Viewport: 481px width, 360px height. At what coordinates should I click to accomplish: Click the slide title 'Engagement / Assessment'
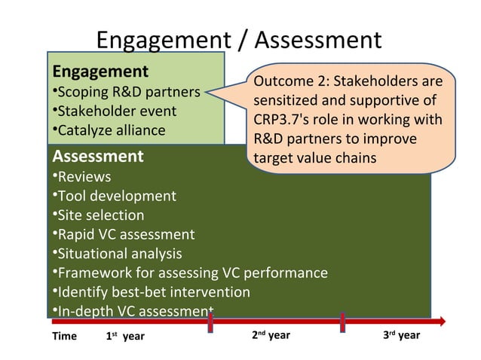[x=240, y=39]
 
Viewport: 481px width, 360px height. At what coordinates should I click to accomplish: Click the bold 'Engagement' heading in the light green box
[x=100, y=72]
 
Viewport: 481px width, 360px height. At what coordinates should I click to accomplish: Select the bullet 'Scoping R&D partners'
[x=126, y=93]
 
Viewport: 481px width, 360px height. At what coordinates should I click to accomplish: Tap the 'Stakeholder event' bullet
[x=114, y=111]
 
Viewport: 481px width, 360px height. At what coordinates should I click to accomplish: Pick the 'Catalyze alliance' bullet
[x=109, y=130]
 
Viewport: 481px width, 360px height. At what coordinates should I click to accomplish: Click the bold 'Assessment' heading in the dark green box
[x=97, y=157]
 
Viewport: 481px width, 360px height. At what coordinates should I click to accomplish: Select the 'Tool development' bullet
[x=114, y=196]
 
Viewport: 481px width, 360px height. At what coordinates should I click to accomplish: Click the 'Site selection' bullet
[x=98, y=215]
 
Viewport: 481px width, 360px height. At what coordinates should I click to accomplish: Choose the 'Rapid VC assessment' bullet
[x=123, y=234]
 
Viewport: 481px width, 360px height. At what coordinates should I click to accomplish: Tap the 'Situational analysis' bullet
[x=117, y=254]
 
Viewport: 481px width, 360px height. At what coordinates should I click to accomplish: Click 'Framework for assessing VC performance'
[x=189, y=273]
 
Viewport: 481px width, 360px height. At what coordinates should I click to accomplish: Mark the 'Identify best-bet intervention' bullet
[x=151, y=292]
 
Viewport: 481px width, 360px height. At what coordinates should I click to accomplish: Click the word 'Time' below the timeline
[x=64, y=336]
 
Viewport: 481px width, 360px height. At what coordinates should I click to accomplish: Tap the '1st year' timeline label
[x=124, y=336]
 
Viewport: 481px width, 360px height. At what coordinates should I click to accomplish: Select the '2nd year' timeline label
[x=270, y=335]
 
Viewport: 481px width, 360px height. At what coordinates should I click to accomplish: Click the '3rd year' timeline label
[x=401, y=335]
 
